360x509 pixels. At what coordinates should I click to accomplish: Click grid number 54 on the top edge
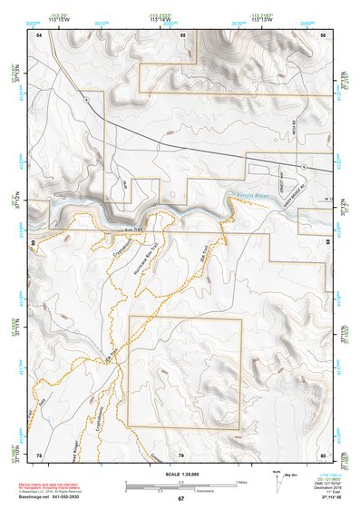pos(39,34)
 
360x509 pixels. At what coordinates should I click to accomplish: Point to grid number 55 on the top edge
pos(182,34)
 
